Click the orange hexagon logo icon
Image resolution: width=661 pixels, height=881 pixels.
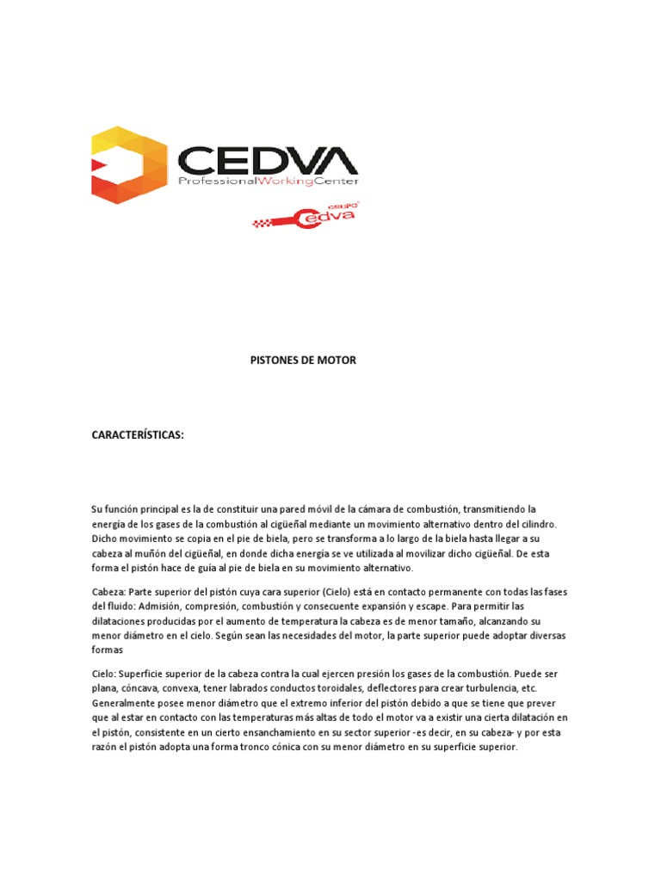[x=129, y=164]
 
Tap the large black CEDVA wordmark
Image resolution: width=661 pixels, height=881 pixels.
[x=267, y=160]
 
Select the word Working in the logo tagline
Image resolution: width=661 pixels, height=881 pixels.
[x=292, y=182]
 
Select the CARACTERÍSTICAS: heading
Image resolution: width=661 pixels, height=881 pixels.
[x=139, y=435]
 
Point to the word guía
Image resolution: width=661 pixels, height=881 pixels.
[x=220, y=568]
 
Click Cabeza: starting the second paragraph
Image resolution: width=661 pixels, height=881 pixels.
[x=108, y=592]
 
